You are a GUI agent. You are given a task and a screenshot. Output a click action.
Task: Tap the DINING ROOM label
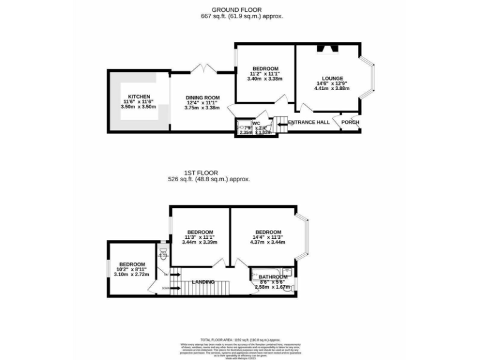pos(202,97)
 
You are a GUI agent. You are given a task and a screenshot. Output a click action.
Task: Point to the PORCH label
pos(350,122)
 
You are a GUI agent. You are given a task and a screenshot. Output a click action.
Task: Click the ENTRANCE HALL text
pos(309,122)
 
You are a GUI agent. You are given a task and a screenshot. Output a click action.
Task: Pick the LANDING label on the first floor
pos(204,282)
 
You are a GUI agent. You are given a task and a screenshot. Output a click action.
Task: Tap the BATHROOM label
pos(273,277)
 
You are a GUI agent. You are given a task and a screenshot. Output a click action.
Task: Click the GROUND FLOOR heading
pos(236,9)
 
